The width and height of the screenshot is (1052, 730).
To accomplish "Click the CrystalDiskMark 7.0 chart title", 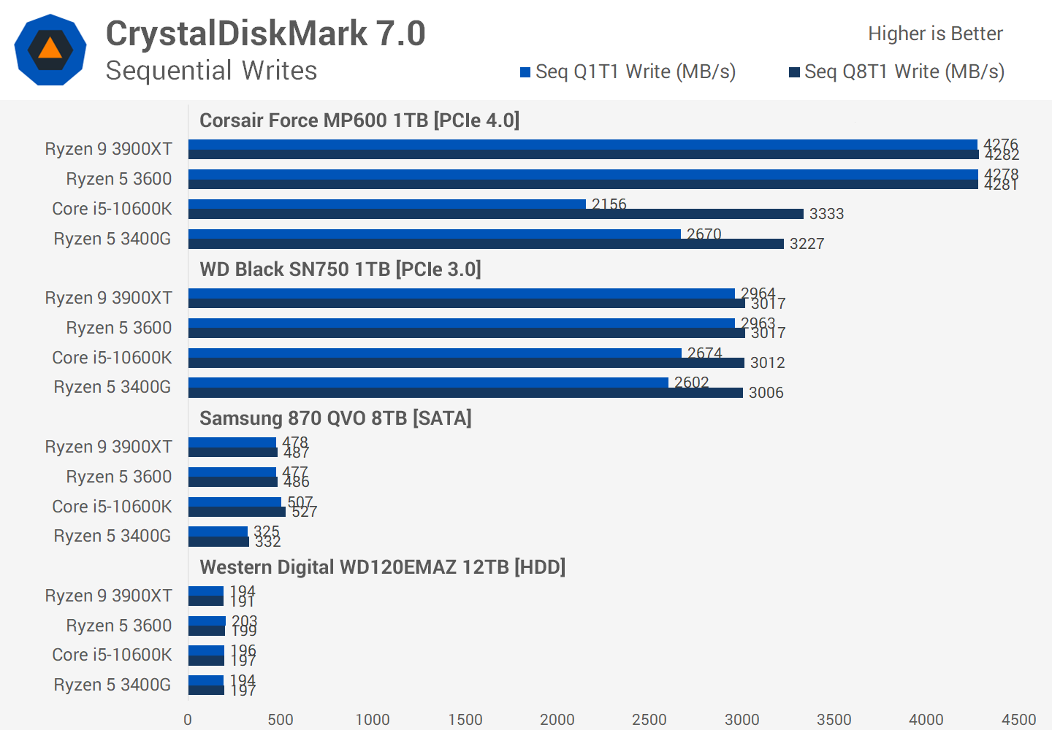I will (x=265, y=34).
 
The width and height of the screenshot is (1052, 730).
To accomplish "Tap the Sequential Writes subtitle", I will (x=211, y=71).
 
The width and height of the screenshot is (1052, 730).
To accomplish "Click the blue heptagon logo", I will (x=50, y=50).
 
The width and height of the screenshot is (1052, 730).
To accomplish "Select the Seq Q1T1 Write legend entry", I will (x=628, y=72).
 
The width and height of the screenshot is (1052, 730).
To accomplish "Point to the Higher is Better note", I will (x=935, y=34).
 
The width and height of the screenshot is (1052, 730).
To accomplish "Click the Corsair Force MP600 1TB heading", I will (x=359, y=120).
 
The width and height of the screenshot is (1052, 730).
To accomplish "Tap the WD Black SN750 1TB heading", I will (x=340, y=269).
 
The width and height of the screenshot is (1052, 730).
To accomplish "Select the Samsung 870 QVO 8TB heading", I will (x=335, y=418).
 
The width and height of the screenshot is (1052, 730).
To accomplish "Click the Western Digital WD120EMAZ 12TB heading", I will (x=382, y=567).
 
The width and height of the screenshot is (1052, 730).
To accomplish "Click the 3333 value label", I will (x=826, y=214).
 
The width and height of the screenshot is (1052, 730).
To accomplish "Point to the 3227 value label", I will (x=807, y=244).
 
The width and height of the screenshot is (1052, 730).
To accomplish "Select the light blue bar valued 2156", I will (x=387, y=204).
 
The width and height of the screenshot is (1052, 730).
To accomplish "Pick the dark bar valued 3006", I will (x=465, y=393).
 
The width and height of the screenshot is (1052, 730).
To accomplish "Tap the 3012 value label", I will (x=767, y=363).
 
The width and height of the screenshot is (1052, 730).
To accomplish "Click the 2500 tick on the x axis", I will (x=649, y=720).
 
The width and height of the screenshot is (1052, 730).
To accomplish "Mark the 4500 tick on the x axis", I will (x=1018, y=720).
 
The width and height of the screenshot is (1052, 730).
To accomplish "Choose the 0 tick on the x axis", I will (x=188, y=720).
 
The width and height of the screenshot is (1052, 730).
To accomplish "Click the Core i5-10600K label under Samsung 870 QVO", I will (x=112, y=507).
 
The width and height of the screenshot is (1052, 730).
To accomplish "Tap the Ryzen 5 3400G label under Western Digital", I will (x=112, y=685).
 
